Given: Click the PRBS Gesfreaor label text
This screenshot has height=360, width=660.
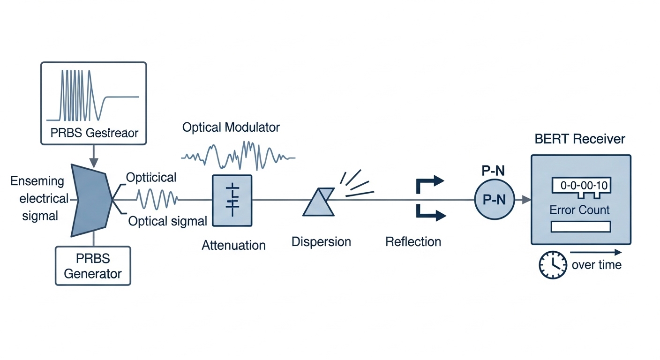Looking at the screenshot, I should click(x=94, y=133).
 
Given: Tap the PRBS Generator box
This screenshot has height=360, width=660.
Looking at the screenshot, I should click(x=93, y=266).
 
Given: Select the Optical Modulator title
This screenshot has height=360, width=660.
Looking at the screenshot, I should click(x=231, y=127).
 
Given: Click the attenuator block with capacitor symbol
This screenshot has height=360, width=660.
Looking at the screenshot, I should click(x=232, y=201).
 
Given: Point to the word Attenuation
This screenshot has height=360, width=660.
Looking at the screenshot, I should click(x=233, y=245).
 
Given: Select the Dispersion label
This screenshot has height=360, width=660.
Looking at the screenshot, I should click(x=321, y=242).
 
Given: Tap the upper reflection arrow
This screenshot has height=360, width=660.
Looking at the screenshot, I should click(x=429, y=183).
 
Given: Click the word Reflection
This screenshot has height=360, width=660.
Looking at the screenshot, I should click(x=413, y=242).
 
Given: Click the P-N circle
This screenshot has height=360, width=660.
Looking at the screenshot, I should click(x=494, y=200).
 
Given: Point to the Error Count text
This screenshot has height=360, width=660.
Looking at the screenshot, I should click(x=580, y=210).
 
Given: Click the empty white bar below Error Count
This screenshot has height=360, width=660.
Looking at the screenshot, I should click(x=581, y=227).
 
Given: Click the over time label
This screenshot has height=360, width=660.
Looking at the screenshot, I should click(x=596, y=265).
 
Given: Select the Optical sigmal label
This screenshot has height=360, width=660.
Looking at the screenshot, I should click(x=168, y=221).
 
